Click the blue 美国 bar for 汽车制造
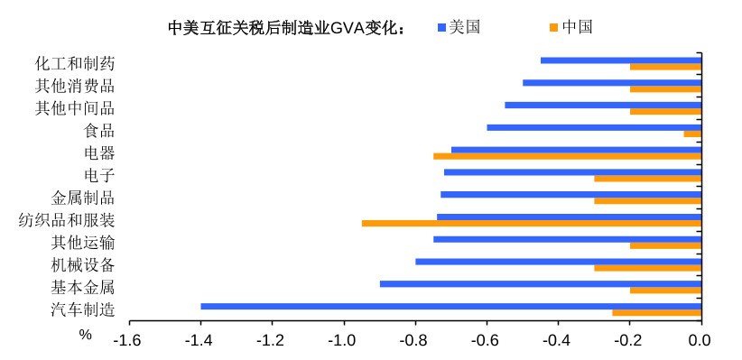tap(450, 307)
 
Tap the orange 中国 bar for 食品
tap(692, 134)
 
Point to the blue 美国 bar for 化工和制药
tap(620, 60)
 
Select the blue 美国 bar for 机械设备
tap(558, 262)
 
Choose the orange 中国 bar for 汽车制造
tap(656, 313)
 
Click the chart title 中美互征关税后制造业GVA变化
tap(286, 27)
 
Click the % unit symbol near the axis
tap(86, 335)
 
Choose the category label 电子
tap(98, 175)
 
